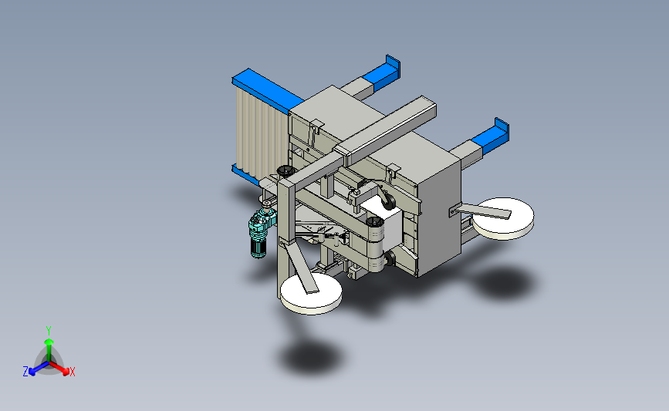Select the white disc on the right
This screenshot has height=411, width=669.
pos(503,218)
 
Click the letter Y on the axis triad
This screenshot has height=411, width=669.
pos(49,331)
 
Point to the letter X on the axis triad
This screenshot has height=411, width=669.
pos(72,372)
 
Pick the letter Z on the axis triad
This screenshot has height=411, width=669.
pos(25,372)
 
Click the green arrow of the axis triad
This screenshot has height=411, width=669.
pos(49,349)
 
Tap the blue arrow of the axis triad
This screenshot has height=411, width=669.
pos(39,369)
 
